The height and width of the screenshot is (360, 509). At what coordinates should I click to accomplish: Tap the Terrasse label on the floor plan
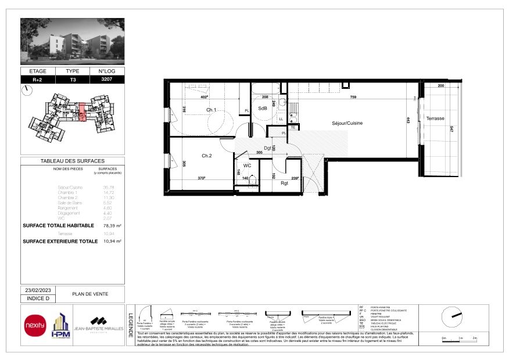[x=435, y=118]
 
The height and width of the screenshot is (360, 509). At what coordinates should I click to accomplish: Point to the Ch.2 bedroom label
[x=207, y=156]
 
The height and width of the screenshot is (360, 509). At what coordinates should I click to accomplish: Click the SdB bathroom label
[x=263, y=108]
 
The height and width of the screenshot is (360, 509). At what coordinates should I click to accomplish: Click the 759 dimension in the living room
[x=353, y=97]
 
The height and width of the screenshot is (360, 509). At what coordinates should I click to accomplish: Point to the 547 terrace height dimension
[x=451, y=129]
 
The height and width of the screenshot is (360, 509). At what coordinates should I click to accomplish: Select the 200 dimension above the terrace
[x=440, y=86]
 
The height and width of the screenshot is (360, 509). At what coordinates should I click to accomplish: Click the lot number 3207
[x=107, y=79]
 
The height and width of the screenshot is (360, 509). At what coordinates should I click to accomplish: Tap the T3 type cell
[x=73, y=79]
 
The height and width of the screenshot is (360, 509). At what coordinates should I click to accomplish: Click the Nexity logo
[x=34, y=325]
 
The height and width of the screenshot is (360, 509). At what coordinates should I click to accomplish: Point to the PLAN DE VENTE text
[x=89, y=294]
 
